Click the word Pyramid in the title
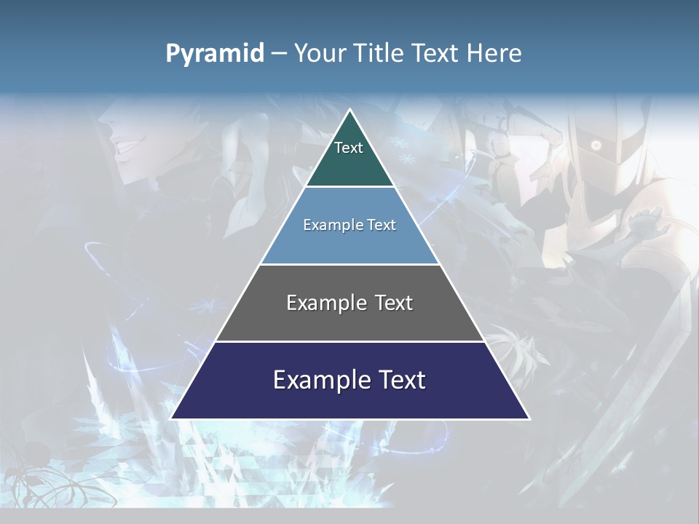pyautogui.click(x=215, y=54)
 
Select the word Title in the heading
pyautogui.click(x=382, y=53)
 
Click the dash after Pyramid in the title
pyautogui.click(x=278, y=54)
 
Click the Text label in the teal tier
pyautogui.click(x=349, y=148)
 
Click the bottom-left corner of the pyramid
pyautogui.click(x=171, y=418)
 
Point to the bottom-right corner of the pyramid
pyautogui.click(x=529, y=418)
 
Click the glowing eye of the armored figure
pyautogui.click(x=596, y=146)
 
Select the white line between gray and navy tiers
pyautogui.click(x=350, y=341)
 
